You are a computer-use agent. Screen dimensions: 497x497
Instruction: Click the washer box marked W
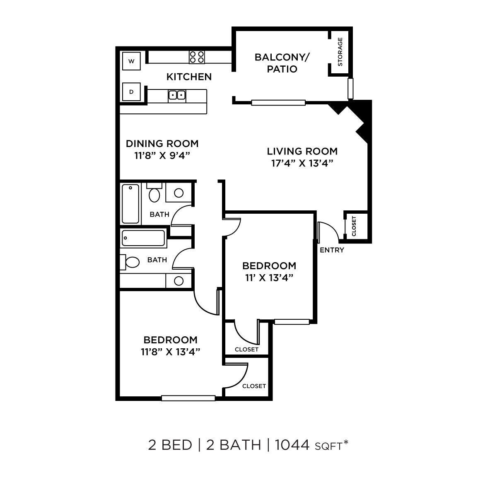tap(132, 62)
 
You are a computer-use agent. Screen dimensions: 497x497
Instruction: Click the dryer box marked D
tap(132, 92)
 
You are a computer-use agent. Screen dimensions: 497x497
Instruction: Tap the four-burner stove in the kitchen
tap(197, 57)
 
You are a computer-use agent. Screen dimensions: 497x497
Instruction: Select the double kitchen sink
tap(177, 96)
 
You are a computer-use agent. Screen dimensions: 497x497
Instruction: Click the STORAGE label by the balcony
tap(340, 52)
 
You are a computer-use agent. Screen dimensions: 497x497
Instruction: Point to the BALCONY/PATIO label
tap(282, 63)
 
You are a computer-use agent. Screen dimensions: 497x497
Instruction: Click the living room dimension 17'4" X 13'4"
tap(302, 163)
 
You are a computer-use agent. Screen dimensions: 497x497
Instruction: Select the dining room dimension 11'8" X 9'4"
tap(162, 155)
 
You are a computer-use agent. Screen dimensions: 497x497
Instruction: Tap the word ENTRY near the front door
tap(332, 250)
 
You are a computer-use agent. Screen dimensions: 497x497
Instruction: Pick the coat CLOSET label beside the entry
tap(354, 226)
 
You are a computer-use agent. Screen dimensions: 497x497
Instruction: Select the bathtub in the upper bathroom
tap(130, 204)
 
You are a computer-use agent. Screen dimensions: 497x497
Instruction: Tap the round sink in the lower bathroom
tap(179, 281)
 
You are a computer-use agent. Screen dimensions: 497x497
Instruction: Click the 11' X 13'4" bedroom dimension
tap(269, 277)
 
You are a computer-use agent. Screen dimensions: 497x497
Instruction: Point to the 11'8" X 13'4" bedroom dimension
tap(170, 352)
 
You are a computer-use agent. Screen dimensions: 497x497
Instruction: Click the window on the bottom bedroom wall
tap(188, 398)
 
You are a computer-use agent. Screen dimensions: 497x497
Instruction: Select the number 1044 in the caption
tap(292, 445)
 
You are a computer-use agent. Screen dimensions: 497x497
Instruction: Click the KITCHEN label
tap(189, 77)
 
